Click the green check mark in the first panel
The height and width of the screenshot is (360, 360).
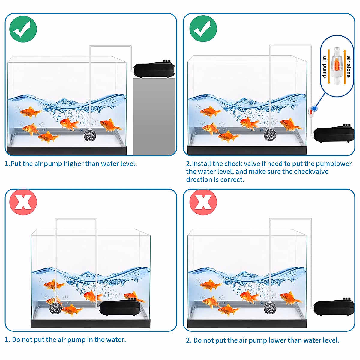(23, 29)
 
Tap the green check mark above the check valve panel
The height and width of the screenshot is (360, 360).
(203, 29)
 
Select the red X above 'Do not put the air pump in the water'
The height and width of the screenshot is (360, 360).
(23, 202)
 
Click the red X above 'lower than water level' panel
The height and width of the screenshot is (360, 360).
(203, 202)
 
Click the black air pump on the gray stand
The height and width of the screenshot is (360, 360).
(154, 70)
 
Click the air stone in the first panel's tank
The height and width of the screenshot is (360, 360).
(89, 135)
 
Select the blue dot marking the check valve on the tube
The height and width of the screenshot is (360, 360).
(314, 108)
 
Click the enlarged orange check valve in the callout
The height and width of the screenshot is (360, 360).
(337, 66)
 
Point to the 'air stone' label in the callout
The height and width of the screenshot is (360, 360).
(348, 67)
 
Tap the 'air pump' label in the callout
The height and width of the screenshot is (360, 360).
(325, 67)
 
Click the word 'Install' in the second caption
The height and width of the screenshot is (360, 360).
(201, 164)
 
